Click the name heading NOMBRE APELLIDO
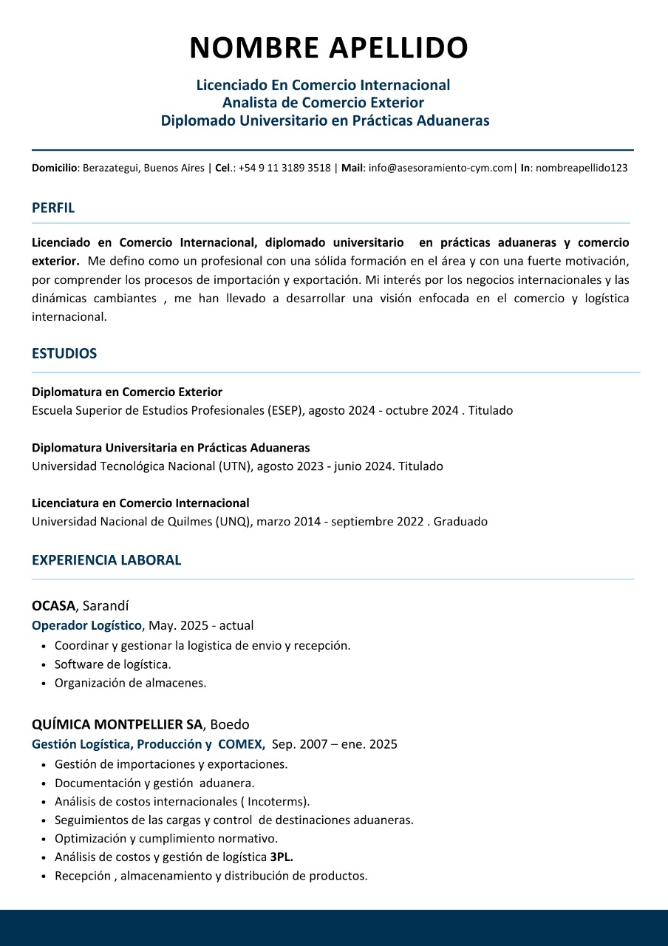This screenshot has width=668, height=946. click(x=329, y=48)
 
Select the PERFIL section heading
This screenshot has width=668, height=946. click(x=53, y=208)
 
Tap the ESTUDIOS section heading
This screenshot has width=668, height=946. click(x=64, y=354)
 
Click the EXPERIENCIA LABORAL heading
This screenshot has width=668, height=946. click(x=106, y=560)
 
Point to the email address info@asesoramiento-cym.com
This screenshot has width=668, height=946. click(x=440, y=169)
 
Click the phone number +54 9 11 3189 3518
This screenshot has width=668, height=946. click(x=284, y=169)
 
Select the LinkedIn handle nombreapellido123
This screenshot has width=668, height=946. click(x=582, y=169)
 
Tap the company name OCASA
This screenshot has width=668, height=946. click(x=53, y=606)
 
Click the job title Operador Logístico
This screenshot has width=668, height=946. click(x=86, y=626)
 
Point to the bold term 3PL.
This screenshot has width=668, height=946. click(x=282, y=857)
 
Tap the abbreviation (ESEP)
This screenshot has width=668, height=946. click(x=286, y=410)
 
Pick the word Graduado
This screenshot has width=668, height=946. click(x=460, y=522)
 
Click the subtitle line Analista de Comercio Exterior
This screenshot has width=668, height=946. click(x=323, y=103)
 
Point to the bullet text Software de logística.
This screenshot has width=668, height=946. click(x=113, y=664)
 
